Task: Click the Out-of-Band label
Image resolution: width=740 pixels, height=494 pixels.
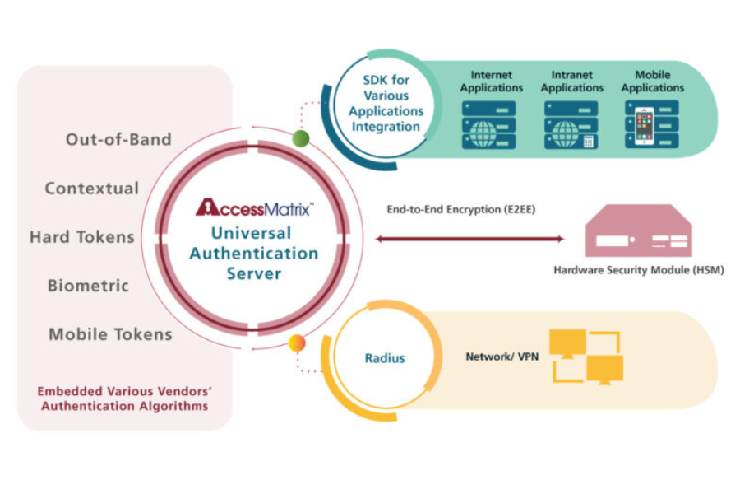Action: [x=118, y=139]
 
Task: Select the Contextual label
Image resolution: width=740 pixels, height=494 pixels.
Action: [x=92, y=189]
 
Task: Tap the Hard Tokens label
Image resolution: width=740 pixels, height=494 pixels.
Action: [x=82, y=237]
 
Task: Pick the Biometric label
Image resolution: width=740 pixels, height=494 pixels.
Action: [x=88, y=286]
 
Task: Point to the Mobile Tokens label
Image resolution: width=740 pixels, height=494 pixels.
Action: [x=110, y=334]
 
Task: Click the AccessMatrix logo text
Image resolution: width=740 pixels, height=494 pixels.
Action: [x=254, y=207]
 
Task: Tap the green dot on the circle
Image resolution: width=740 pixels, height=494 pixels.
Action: [x=300, y=137]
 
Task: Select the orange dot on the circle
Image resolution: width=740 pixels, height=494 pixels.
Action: [x=297, y=343]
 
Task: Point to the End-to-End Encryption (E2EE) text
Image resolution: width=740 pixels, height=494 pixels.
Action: [x=461, y=210]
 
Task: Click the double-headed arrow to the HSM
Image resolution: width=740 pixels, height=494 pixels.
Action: [x=469, y=240]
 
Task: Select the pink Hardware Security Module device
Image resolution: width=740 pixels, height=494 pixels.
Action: [x=638, y=233]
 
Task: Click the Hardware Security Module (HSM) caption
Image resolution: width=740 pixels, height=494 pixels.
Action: [x=638, y=269]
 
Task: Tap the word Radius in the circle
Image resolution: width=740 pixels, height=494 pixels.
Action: [x=385, y=358]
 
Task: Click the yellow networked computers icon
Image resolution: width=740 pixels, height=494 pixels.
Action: [x=585, y=357]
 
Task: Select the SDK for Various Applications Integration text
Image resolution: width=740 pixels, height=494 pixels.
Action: [x=386, y=103]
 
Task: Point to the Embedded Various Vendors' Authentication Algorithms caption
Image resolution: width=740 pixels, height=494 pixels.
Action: [x=123, y=398]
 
